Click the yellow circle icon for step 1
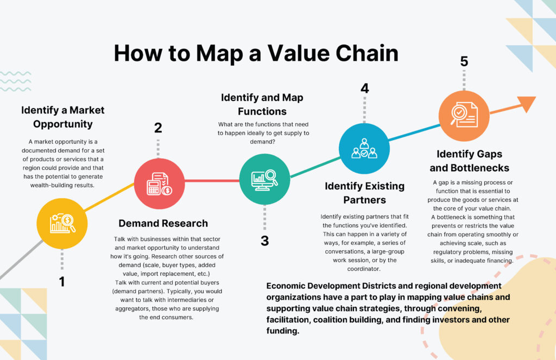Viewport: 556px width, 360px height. click(x=62, y=223)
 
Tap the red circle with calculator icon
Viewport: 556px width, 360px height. click(x=160, y=184)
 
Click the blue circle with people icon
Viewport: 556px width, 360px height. click(x=364, y=148)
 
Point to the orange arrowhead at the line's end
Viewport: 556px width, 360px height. click(x=526, y=103)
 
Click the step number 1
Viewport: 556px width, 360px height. click(x=62, y=282)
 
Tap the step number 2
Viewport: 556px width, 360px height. click(x=158, y=128)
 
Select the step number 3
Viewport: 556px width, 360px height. click(x=264, y=241)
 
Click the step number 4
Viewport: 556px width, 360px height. click(x=365, y=88)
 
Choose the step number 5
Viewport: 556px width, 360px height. click(x=464, y=61)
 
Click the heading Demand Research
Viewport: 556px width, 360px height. click(x=163, y=223)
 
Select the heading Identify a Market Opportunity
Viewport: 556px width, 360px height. click(x=62, y=117)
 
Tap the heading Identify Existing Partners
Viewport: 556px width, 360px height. click(x=364, y=193)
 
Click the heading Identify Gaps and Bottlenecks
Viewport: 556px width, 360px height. click(x=469, y=161)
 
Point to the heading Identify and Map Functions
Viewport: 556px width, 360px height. click(x=262, y=104)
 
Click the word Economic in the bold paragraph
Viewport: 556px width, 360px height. click(x=289, y=286)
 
